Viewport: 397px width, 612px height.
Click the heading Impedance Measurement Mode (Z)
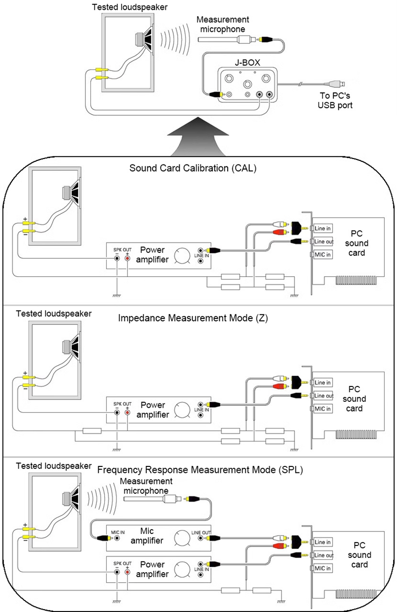[193, 318]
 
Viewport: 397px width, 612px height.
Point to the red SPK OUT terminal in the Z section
[128, 412]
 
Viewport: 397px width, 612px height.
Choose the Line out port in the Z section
[324, 395]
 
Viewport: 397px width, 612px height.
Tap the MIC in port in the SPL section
[323, 567]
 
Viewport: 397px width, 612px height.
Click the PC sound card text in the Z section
[354, 399]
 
